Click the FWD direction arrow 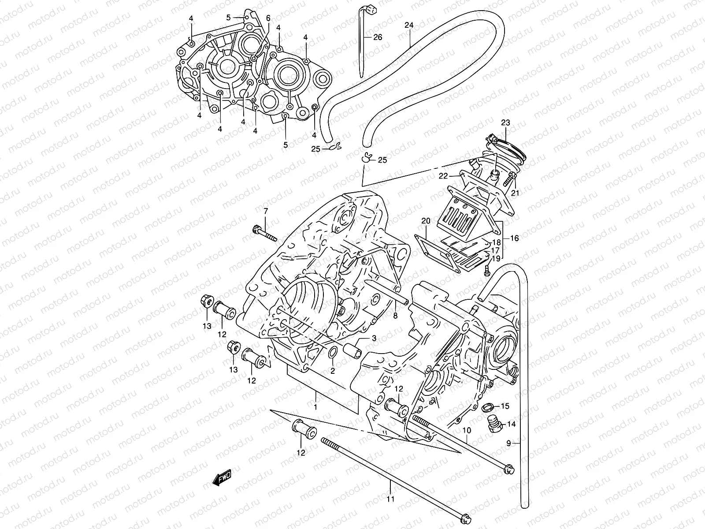click(221, 478)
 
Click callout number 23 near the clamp click(505, 123)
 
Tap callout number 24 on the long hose click(408, 25)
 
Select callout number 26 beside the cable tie click(378, 37)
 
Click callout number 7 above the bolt click(266, 212)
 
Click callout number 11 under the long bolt click(391, 499)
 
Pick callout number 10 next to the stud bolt click(467, 429)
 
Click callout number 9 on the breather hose click(508, 444)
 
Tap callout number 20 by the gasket click(425, 220)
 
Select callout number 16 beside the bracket click(514, 238)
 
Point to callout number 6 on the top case click(267, 18)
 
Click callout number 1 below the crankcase click(315, 406)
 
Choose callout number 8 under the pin click(395, 316)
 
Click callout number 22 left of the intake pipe click(443, 176)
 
